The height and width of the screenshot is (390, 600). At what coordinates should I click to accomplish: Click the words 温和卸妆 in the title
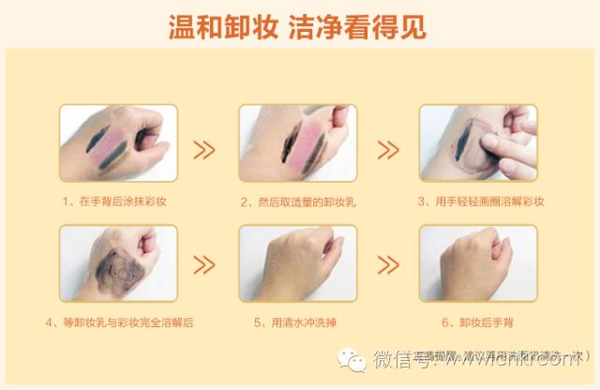(219, 25)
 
